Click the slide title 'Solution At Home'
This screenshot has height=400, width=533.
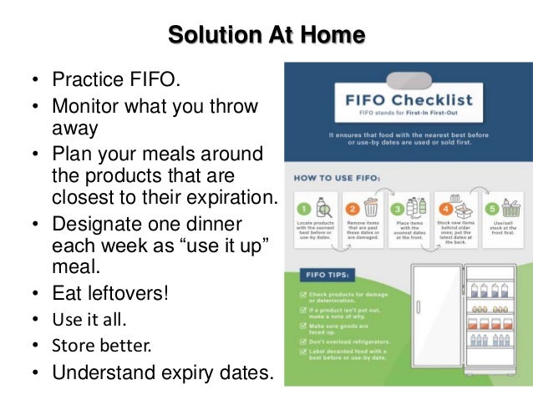(x=266, y=34)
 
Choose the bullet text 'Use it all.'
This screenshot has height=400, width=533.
(x=90, y=319)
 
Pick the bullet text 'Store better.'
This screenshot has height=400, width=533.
(x=99, y=345)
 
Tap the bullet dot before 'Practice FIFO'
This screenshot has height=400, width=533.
(x=36, y=83)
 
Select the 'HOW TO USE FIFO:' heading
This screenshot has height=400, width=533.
(x=338, y=177)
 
